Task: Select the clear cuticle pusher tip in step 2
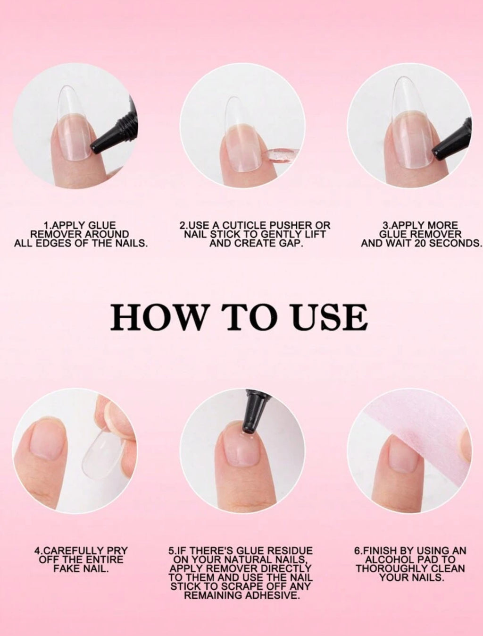point(278,156)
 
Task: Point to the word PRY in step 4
point(118,551)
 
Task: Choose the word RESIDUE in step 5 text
point(291,551)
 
